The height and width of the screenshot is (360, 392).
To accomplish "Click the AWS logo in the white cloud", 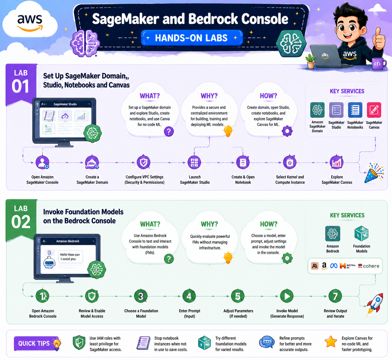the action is pos(30,22).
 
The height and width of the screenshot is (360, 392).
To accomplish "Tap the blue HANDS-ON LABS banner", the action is pos(192,38).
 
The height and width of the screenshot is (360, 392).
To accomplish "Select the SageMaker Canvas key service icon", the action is pos(374,110).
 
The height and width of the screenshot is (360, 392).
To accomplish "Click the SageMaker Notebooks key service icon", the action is pos(355,110).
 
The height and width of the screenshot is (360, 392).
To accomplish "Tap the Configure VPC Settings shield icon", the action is pos(144,162).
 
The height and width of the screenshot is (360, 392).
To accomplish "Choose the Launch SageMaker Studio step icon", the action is pos(194,162).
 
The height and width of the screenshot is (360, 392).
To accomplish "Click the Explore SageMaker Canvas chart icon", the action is pos(336,162).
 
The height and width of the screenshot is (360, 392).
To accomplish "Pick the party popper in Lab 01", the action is pos(374,173).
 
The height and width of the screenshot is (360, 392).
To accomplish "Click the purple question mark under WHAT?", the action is pos(169,131).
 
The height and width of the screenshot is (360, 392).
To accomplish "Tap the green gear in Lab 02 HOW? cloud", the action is pos(287,258).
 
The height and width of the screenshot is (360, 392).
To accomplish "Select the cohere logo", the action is pos(369,266).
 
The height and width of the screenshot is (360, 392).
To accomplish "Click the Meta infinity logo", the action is pos(334,266).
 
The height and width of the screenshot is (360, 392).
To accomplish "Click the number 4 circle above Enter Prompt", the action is pos(189,296).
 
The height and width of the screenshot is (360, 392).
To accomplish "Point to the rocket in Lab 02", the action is pos(374,304).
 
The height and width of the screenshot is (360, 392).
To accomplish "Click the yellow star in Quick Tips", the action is pos(331,341).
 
